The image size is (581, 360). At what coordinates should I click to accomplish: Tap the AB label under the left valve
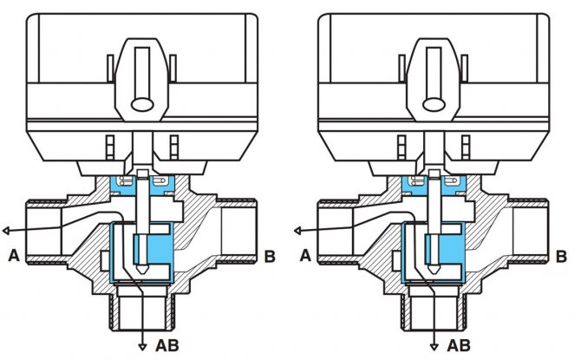point(168,344)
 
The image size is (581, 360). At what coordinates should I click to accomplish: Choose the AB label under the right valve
point(460,344)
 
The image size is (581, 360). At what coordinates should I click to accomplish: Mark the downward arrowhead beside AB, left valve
point(142,346)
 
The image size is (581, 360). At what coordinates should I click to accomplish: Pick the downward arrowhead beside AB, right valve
point(434,346)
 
